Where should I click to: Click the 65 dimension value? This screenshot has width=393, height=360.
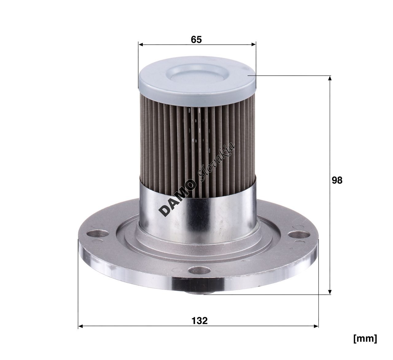pos(196,40)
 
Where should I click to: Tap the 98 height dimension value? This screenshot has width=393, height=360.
pos(337,180)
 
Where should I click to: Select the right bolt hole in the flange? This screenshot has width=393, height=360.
pos(299,234)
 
